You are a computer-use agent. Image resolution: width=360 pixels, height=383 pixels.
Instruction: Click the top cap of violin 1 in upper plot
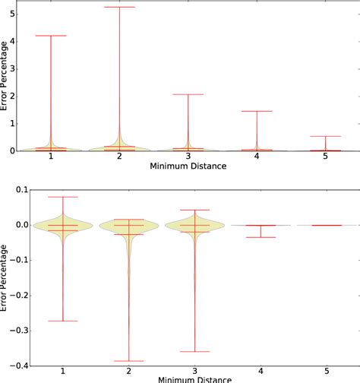51,36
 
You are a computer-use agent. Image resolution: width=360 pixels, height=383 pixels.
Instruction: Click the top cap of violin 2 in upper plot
119,7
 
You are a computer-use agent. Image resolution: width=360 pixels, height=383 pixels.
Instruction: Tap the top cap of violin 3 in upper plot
188,94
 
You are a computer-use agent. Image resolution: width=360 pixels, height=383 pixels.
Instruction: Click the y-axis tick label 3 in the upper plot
15,68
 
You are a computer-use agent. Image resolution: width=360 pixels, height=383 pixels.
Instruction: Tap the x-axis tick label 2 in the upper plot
119,157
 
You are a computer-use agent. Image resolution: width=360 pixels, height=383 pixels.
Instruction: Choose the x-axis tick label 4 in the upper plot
257,157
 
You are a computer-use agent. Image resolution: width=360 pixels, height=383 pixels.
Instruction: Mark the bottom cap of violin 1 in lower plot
62,321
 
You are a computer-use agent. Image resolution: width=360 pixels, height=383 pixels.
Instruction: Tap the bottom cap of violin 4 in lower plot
261,237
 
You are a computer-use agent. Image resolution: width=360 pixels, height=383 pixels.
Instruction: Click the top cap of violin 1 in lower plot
62,197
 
